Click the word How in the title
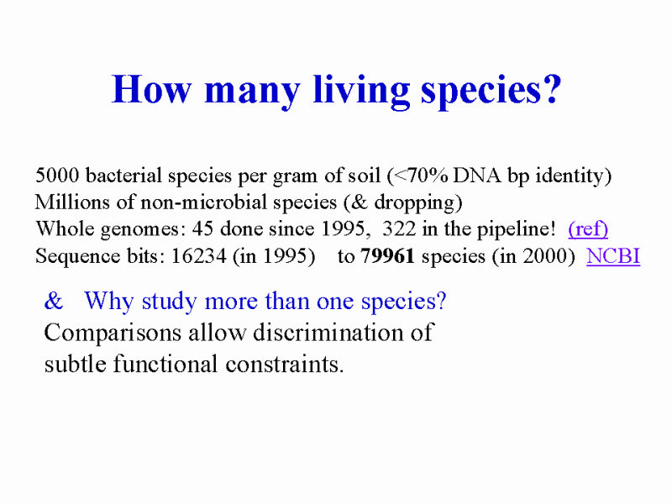[x=151, y=89]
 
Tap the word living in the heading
[x=361, y=91]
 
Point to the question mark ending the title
[x=553, y=89]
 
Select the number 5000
[x=57, y=176]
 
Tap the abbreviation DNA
[x=477, y=176]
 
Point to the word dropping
[x=413, y=203]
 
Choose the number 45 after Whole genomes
[x=202, y=228]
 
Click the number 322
[x=398, y=228]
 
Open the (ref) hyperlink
[x=588, y=229]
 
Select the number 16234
[x=198, y=256]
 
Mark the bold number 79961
[x=387, y=256]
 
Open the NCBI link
[x=613, y=256]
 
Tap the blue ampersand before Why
[x=54, y=301]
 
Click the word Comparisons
[x=113, y=333]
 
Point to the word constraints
[x=285, y=365]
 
